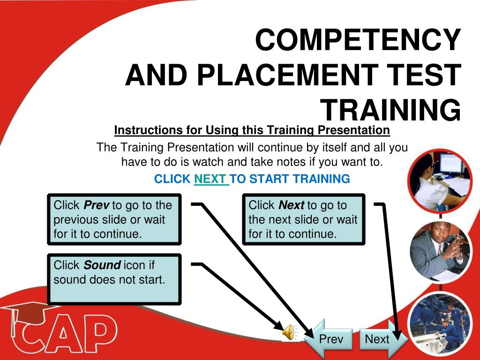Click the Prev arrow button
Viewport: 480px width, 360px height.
pos(329,339)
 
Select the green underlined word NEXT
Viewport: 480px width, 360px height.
pos(211,179)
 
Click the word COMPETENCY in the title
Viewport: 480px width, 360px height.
pos(358,40)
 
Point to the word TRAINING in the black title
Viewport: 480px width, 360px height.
pos(390,110)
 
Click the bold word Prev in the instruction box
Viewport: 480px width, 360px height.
pos(97,205)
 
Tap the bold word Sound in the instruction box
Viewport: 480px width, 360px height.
pos(102,265)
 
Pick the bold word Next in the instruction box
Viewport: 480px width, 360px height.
pos(292,205)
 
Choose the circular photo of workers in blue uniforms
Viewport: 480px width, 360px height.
pos(441,324)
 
